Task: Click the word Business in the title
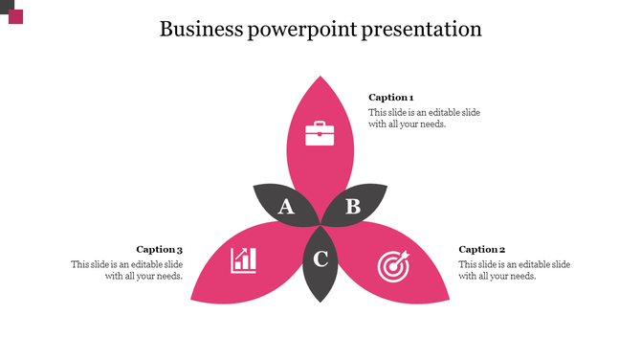(x=201, y=29)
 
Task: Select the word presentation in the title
(x=422, y=30)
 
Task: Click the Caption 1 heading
(x=390, y=97)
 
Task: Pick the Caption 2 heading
(x=481, y=249)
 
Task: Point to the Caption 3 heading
(x=159, y=249)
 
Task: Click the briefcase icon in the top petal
(x=320, y=133)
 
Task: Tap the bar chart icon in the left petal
(x=243, y=259)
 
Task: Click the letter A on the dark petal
(x=286, y=207)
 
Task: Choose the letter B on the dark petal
(x=352, y=206)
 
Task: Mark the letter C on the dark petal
(x=321, y=259)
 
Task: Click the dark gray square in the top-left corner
(x=6, y=6)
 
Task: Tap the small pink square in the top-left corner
(x=15, y=16)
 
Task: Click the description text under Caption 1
(x=424, y=118)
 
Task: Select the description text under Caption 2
(x=514, y=270)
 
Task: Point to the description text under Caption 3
(x=126, y=270)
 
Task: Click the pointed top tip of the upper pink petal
(x=320, y=76)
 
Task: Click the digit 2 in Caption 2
(x=501, y=249)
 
